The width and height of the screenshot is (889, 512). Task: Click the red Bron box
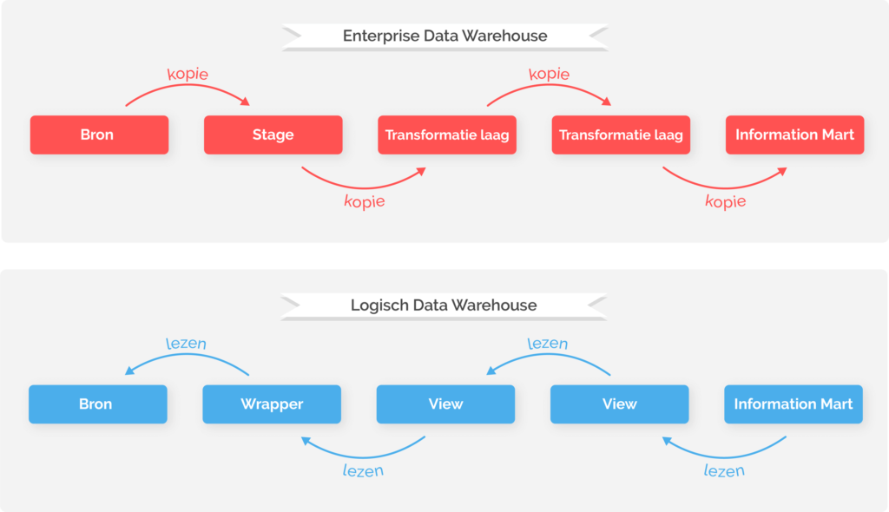coord(99,135)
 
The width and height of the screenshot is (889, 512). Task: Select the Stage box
coord(273,135)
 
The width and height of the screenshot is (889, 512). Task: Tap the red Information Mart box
coord(794,135)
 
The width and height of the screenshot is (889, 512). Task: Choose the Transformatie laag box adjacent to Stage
coord(447,135)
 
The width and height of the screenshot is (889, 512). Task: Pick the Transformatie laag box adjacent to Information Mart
coord(621,135)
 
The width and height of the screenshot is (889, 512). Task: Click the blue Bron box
coord(97,404)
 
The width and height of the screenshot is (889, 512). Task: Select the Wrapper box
coord(272,404)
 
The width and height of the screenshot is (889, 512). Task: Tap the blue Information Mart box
coord(794,404)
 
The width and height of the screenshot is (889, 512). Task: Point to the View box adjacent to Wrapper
coord(445,404)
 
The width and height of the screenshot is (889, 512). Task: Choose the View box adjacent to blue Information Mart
coord(619,404)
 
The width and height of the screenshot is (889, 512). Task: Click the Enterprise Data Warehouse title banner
coord(444,36)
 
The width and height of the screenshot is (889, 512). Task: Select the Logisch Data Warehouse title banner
coord(444,305)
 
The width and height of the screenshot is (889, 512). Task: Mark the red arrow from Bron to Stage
coord(187,90)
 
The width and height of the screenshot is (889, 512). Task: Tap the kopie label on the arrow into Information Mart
coord(725,201)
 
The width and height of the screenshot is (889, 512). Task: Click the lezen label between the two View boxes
coord(548,343)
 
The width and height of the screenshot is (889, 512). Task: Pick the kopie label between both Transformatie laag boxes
coord(549,74)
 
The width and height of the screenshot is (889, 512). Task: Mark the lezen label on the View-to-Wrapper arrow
coord(363,470)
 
